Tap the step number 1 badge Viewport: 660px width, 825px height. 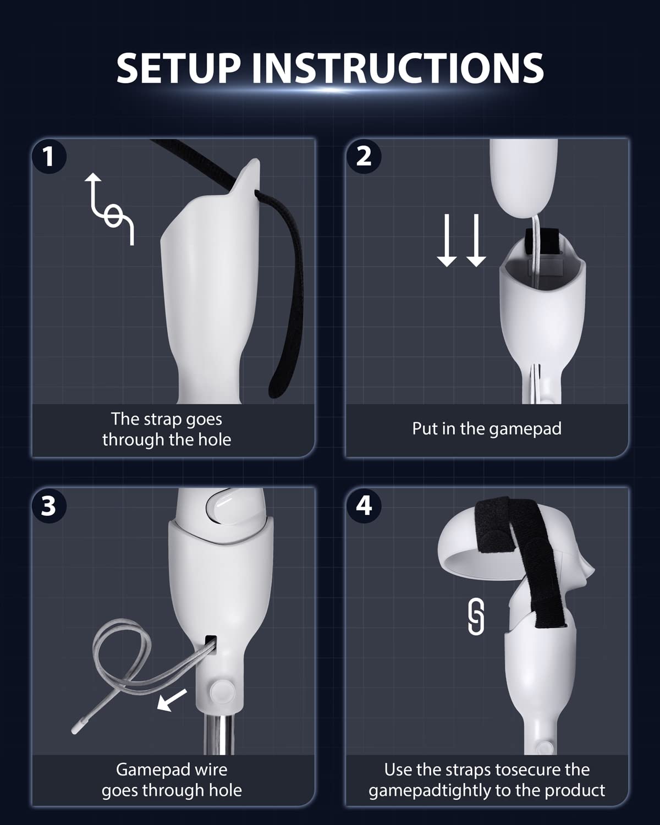coord(49,157)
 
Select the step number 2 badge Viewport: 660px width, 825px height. coord(364,157)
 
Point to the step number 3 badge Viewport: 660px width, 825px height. coord(49,506)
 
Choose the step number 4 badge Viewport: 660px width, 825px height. coord(364,506)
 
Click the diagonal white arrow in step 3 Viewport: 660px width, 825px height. coord(172,700)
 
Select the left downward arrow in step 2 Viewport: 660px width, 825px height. coord(447,240)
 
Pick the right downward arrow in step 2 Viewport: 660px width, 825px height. coord(476,240)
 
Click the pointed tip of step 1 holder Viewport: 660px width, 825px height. coord(257,160)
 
